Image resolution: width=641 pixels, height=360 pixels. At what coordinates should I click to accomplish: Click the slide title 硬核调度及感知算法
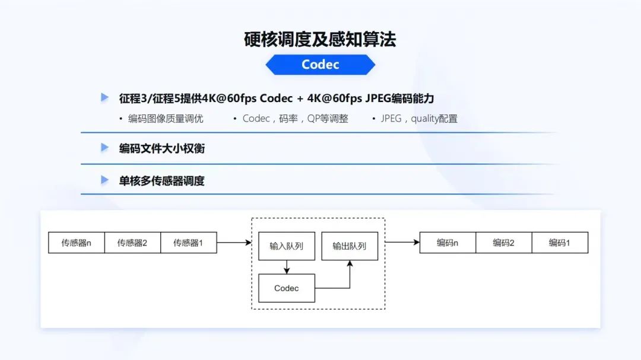point(320,40)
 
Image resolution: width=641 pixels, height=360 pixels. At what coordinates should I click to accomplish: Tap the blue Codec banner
point(320,65)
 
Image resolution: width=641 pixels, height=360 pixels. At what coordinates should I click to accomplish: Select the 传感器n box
point(77,243)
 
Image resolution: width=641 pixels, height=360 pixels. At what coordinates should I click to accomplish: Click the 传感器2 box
point(132,243)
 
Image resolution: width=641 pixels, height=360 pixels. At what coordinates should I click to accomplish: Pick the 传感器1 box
point(189,243)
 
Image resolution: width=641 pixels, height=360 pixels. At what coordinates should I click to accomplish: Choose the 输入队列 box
point(287,246)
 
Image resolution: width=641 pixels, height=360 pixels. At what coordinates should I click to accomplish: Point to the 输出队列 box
point(350,246)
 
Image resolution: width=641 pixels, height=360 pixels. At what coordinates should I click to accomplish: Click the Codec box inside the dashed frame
point(287,288)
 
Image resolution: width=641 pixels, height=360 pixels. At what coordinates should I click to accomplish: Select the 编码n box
point(448,243)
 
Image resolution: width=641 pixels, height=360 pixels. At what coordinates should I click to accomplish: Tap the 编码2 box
point(504,243)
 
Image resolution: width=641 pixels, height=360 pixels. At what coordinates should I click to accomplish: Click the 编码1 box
point(560,243)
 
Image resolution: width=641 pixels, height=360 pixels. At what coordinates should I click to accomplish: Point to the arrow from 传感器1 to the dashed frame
point(234,243)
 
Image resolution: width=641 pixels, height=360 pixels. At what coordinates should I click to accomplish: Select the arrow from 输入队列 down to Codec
point(287,267)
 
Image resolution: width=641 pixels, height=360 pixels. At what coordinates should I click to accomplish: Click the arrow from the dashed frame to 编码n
point(402,243)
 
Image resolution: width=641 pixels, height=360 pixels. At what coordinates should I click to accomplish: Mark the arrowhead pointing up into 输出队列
point(350,263)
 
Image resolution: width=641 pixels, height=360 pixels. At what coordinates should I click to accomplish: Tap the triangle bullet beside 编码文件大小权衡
point(104,148)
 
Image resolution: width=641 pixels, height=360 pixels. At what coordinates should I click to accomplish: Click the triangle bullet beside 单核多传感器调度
point(104,180)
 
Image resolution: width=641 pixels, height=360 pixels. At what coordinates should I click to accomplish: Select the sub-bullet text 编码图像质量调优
point(166,119)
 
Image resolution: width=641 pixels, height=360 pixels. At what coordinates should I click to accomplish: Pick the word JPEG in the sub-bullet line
point(391,119)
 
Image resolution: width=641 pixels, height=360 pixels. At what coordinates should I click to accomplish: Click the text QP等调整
point(328,119)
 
